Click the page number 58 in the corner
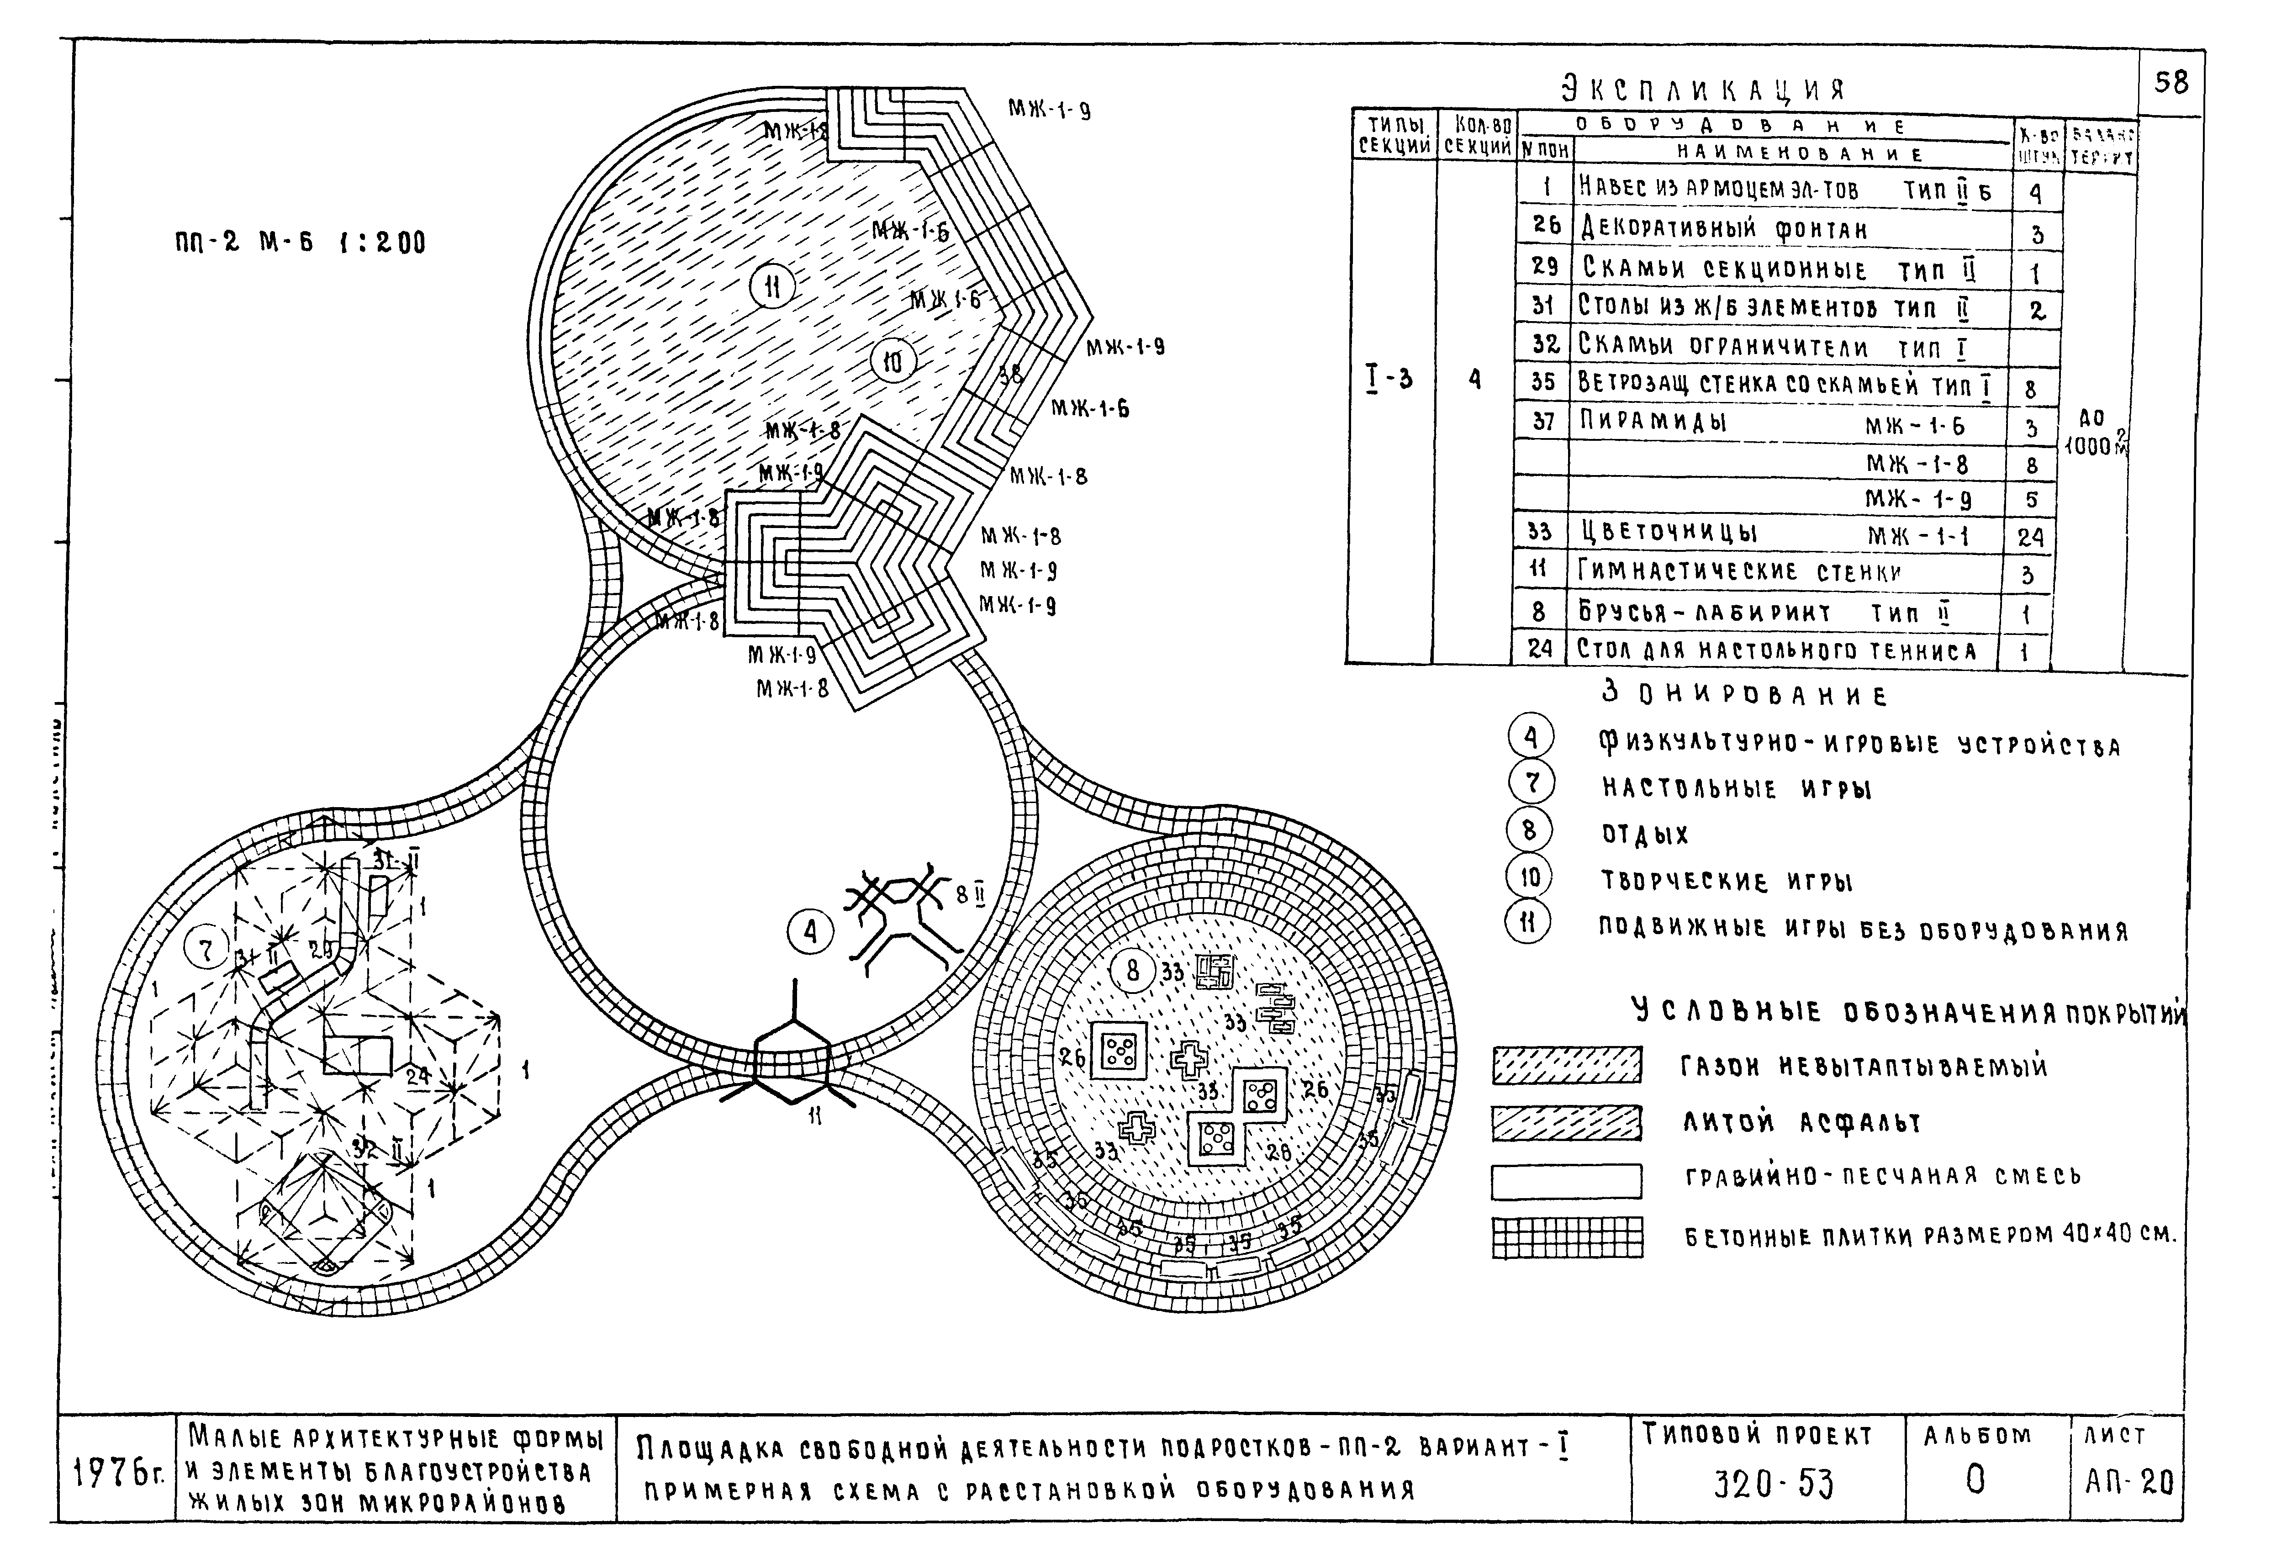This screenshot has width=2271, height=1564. tap(2171, 82)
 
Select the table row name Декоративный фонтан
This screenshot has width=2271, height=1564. tap(1724, 230)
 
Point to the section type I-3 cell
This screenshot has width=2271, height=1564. tap(1389, 378)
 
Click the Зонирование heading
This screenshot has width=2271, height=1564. tap(1744, 695)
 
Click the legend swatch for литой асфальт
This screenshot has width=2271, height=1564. tap(1566, 1123)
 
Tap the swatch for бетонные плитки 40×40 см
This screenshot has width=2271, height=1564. tap(1566, 1236)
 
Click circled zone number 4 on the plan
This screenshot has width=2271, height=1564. tap(810, 932)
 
